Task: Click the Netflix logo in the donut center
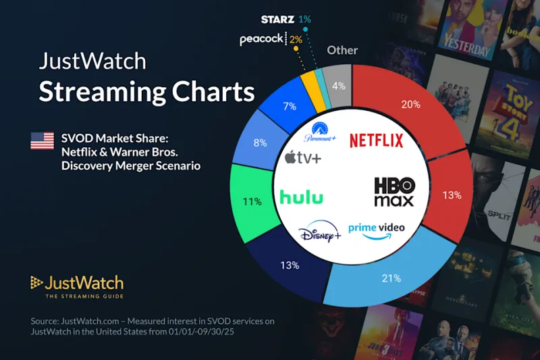376,140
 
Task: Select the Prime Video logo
376,228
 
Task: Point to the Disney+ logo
320,234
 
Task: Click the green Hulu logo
301,197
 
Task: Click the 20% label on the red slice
410,105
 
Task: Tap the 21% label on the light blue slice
391,278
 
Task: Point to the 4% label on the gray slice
338,86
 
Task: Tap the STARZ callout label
278,19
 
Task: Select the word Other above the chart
342,50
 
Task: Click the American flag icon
42,141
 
